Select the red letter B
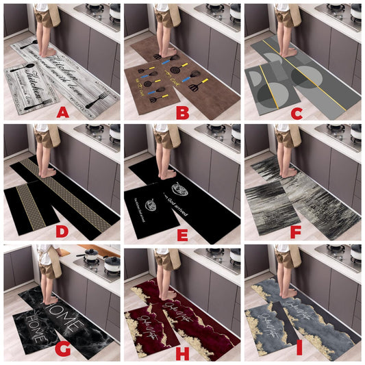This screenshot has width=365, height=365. tap(183, 112)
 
